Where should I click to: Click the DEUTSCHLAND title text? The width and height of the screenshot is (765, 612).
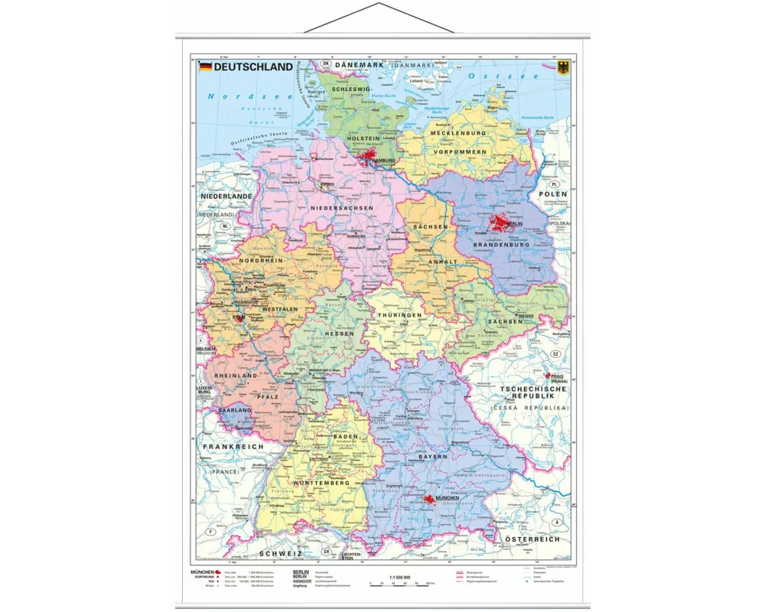click(x=252, y=67)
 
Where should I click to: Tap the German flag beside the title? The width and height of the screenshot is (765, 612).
click(x=205, y=67)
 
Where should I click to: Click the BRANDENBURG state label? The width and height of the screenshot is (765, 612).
click(x=501, y=245)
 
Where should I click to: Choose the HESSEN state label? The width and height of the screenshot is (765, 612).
click(x=339, y=334)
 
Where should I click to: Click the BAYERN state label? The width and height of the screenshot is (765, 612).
click(x=432, y=457)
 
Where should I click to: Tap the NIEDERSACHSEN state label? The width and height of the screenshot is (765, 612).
click(x=342, y=208)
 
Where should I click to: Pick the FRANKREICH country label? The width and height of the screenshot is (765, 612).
click(x=233, y=446)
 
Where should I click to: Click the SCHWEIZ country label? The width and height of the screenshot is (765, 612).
click(x=280, y=552)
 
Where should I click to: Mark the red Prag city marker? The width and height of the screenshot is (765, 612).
click(x=548, y=376)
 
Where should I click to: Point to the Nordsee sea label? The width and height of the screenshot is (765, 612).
click(x=237, y=97)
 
